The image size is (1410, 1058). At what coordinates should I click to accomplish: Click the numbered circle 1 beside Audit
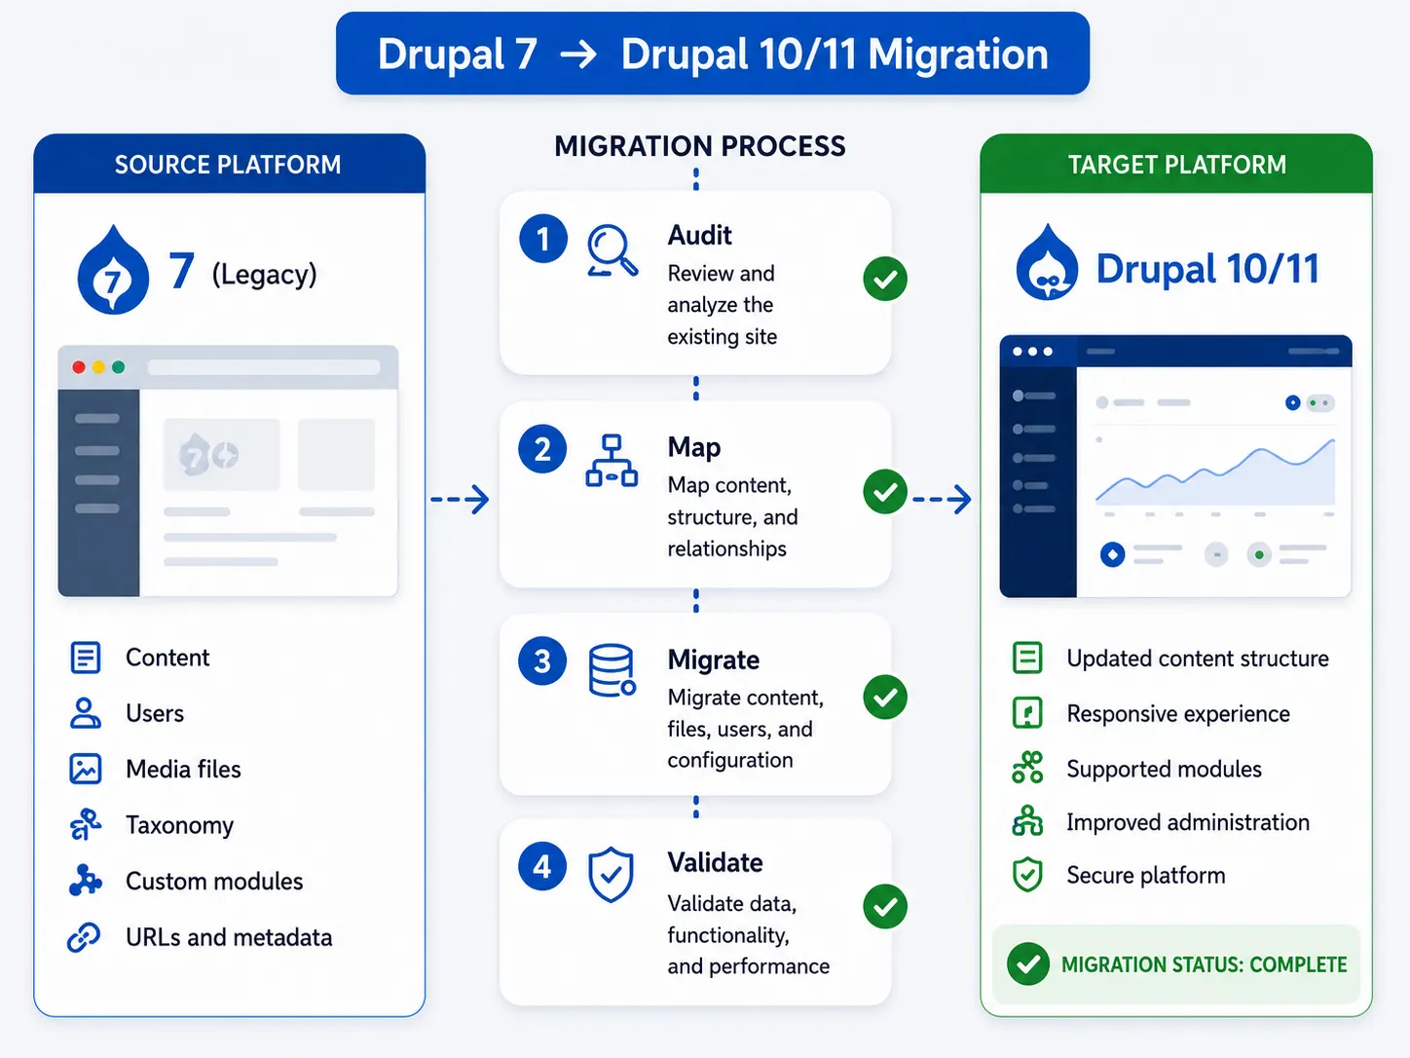(x=543, y=239)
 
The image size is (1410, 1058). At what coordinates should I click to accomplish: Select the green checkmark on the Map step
(x=885, y=491)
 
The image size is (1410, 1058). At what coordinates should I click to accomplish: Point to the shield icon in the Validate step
(x=611, y=874)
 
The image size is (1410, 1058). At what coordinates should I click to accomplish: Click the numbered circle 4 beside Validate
(x=542, y=867)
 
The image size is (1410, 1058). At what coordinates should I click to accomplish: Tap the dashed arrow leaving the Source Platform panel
(x=460, y=499)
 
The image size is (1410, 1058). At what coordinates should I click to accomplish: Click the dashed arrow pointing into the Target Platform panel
(x=942, y=499)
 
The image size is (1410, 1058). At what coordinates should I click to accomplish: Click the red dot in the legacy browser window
(x=78, y=367)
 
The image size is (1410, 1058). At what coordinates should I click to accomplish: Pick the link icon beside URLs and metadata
(x=84, y=937)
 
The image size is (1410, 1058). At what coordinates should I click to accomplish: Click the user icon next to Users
(x=85, y=713)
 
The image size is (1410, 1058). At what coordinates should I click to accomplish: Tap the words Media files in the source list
(x=183, y=769)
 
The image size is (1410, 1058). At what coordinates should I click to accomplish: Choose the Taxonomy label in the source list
(x=180, y=825)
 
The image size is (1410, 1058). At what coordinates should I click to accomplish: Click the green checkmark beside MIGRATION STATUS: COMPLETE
(x=1027, y=964)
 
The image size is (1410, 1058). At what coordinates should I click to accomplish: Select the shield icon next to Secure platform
(x=1027, y=875)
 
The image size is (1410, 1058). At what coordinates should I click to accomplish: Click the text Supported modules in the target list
(x=1164, y=769)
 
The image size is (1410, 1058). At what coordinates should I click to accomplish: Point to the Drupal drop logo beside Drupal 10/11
(x=1047, y=262)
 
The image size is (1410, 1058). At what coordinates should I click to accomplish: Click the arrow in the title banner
(x=578, y=55)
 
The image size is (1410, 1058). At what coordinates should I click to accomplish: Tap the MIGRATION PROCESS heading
(x=699, y=146)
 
